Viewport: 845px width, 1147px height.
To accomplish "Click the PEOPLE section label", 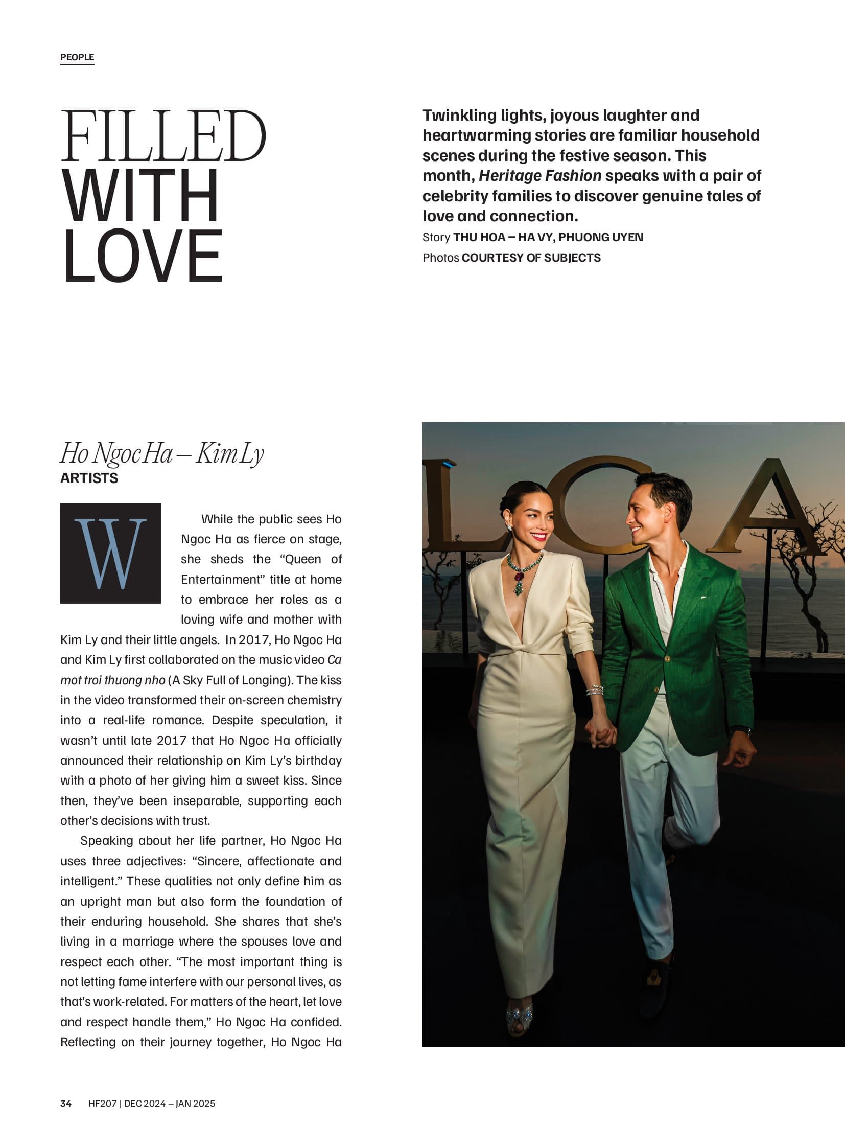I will [77, 57].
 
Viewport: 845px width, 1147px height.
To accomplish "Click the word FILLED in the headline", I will [163, 136].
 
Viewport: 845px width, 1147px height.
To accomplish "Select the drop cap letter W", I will [110, 553].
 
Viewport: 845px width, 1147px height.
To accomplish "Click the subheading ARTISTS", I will [89, 478].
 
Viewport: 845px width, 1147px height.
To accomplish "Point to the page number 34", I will [65, 1103].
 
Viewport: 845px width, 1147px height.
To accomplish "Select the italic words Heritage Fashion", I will [539, 175].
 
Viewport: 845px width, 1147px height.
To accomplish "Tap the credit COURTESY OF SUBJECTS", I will [531, 258].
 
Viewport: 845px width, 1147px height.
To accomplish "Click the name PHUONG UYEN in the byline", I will [600, 237].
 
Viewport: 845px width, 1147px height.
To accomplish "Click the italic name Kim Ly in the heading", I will [230, 453].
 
